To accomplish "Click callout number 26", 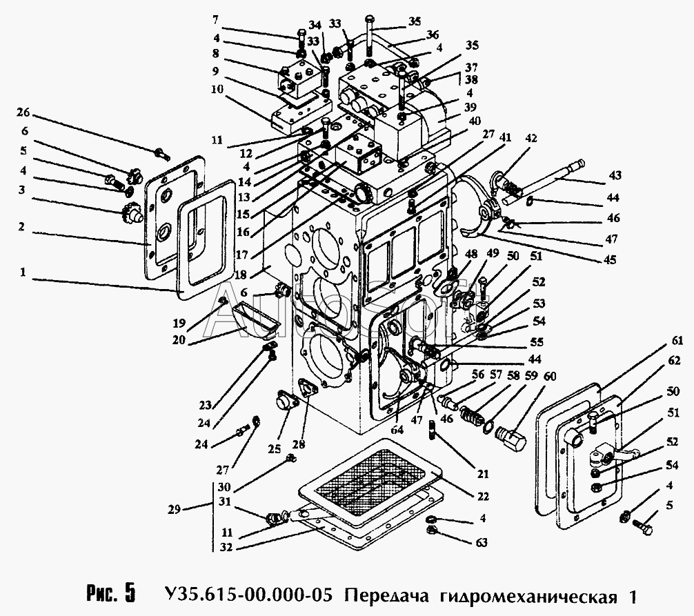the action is tap(23, 113).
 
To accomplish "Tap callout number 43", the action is tap(615, 176).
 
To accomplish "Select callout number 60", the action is tap(549, 377).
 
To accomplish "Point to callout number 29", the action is tap(175, 509).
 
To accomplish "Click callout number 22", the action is tap(483, 496).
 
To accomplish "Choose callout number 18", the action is tap(240, 275).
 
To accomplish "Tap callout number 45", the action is tap(609, 259).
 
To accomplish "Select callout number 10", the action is tap(217, 89).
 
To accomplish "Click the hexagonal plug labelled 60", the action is tap(510, 437).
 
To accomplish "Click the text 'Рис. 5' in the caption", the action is tap(110, 594).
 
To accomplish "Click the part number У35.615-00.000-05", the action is tap(248, 595).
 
